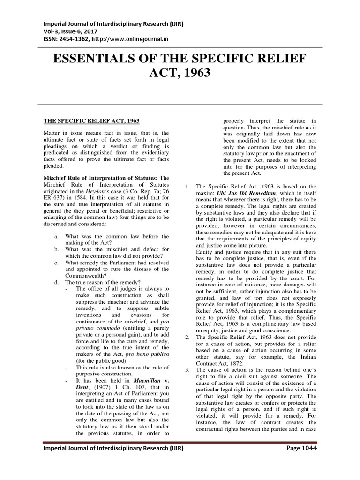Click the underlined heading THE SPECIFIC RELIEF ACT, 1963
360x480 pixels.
coord(91,121)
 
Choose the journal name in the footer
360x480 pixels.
coord(113,449)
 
